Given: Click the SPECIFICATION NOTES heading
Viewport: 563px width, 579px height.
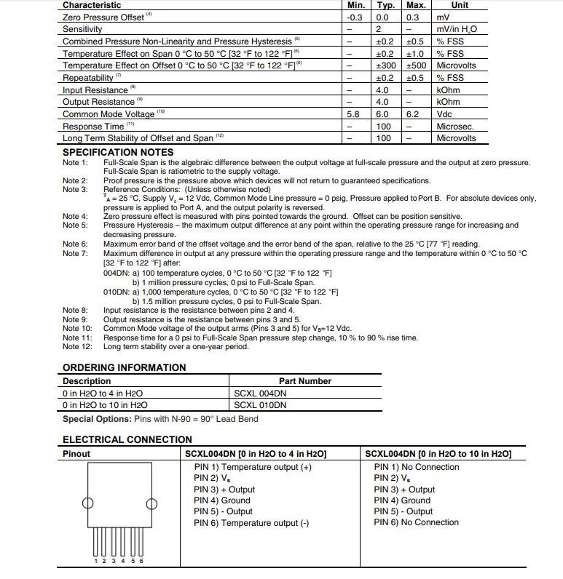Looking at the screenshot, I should (117, 152).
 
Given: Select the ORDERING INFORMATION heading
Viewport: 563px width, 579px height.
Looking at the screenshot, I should (124, 367).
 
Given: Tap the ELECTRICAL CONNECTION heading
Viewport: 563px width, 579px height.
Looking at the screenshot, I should (127, 439).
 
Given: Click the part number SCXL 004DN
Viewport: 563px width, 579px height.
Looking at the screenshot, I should (260, 393).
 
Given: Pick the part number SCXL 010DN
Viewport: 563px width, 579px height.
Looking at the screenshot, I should (260, 405).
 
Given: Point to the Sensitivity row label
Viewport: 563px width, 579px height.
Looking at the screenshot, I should (82, 29).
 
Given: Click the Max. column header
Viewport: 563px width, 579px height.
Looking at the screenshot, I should (415, 5).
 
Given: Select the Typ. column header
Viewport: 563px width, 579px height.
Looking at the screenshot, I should (385, 5).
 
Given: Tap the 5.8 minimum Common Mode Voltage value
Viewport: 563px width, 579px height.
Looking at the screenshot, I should (354, 114).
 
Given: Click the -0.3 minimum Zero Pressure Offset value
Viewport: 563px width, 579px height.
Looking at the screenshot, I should (355, 17).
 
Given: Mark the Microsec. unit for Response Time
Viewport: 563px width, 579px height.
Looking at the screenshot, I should (455, 127).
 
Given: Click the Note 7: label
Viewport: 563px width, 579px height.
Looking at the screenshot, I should (75, 253).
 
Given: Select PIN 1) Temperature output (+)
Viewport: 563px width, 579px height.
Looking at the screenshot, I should (252, 467).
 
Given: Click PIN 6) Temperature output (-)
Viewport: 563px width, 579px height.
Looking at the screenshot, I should (251, 522).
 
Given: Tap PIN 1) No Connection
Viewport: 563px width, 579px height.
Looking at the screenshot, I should (417, 467).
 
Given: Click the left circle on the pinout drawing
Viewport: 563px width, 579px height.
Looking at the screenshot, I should (87, 503).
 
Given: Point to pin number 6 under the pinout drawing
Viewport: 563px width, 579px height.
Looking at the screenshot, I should (141, 560).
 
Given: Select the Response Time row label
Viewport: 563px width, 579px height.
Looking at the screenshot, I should (93, 127).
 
